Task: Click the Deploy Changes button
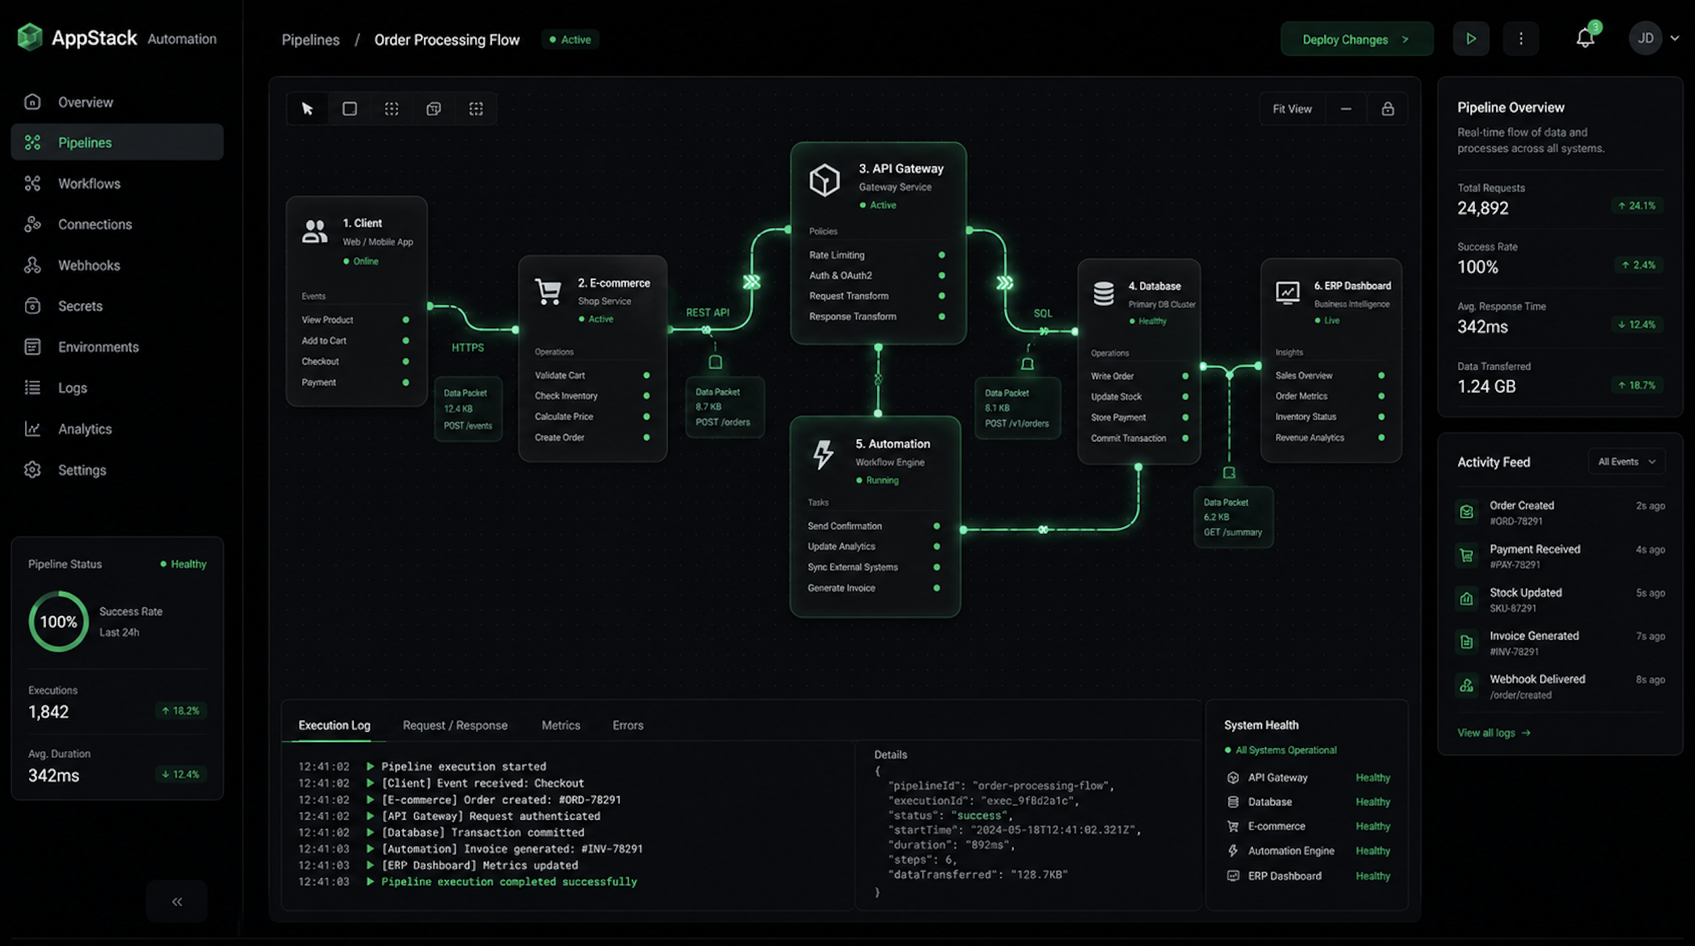pos(1357,39)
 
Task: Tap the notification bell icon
pos(1585,38)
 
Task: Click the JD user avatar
pos(1646,39)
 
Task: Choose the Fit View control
pos(1292,109)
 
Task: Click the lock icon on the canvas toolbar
pos(1388,109)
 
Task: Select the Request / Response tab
pos(455,725)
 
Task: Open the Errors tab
pos(628,725)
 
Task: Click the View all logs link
pos(1493,733)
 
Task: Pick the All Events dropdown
pos(1627,461)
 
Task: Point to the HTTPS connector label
pos(468,347)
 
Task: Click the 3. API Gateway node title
pos(901,168)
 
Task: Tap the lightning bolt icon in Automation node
pos(823,454)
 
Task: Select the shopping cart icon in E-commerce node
pos(548,292)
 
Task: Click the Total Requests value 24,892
pos(1482,208)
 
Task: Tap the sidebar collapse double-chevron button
pos(177,901)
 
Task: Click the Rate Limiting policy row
pos(877,255)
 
